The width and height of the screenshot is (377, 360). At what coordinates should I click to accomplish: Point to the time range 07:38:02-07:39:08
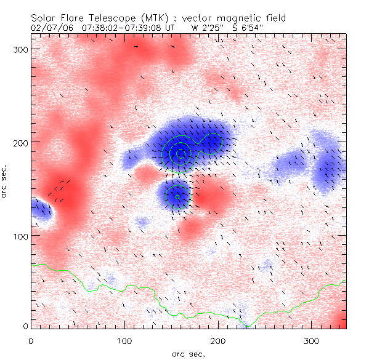126,28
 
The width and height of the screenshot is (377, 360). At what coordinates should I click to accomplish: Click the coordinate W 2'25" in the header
205,28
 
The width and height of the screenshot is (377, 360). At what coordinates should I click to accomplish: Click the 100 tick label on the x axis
125,340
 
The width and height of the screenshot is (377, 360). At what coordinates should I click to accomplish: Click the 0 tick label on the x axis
31,340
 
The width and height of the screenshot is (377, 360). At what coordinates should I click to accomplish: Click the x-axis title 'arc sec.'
188,353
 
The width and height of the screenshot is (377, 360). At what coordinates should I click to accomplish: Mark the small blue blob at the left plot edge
41,209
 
